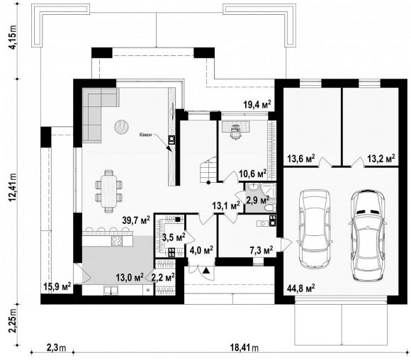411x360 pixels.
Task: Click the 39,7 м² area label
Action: click(136, 220)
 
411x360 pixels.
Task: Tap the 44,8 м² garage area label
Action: click(301, 288)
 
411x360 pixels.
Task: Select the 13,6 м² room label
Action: click(301, 159)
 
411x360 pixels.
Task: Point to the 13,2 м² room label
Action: click(381, 159)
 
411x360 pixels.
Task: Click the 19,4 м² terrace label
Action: click(257, 105)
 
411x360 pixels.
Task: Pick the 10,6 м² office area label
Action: click(253, 173)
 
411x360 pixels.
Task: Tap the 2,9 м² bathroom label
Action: click(258, 200)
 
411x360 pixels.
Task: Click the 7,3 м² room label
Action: click(261, 250)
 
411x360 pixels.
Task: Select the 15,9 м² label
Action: click(57, 286)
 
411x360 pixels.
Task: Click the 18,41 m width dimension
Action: click(244, 348)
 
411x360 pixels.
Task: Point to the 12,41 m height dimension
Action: click(13, 188)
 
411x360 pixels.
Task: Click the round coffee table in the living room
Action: click(121, 127)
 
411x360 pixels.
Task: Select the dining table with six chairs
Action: click(109, 191)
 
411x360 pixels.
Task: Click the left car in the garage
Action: click(315, 228)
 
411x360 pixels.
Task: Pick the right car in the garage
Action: click(368, 235)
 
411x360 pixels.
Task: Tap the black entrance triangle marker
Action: click(206, 270)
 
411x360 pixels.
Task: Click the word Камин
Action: click(145, 135)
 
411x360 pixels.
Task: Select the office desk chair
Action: click(235, 131)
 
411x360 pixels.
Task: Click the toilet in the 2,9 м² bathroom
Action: click(270, 208)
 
